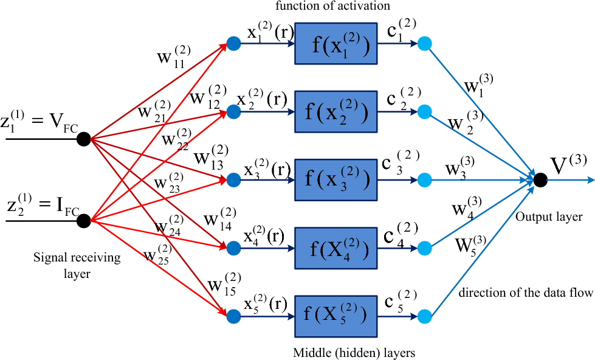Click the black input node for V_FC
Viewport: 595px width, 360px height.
point(84,139)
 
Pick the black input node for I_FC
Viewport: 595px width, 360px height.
point(84,221)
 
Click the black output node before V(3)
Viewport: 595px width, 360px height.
point(539,180)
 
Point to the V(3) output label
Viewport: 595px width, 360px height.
point(569,164)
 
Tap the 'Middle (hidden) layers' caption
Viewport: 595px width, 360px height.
point(354,353)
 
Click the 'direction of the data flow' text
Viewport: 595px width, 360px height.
point(526,293)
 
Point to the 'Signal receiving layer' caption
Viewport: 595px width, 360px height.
point(77,265)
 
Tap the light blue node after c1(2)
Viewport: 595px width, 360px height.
point(425,44)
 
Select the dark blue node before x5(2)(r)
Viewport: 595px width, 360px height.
point(233,316)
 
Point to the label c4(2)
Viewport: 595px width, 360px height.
point(400,234)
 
